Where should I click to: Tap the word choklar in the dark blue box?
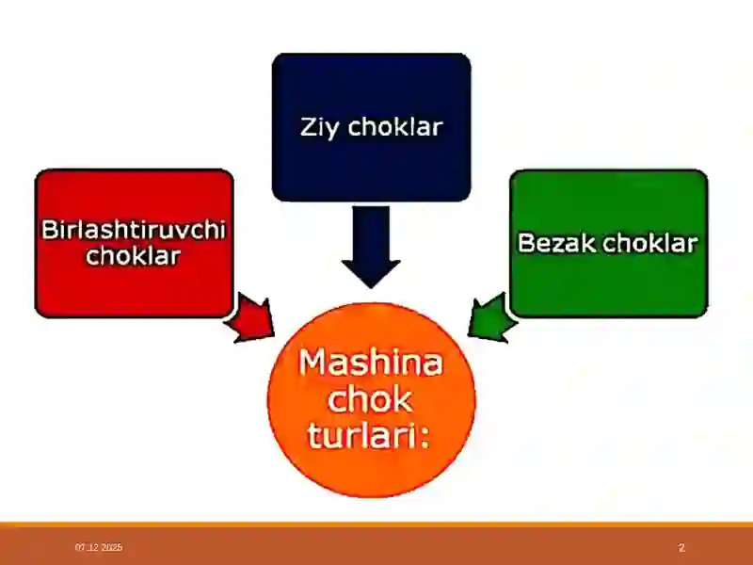click(394, 127)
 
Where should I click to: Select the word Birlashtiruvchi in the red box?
click(134, 231)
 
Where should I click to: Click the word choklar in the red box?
click(133, 255)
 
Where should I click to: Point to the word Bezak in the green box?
click(558, 243)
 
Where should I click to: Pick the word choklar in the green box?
click(649, 243)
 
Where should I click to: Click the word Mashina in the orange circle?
click(371, 363)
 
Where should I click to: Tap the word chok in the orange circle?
click(372, 399)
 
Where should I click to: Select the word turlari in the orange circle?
click(362, 436)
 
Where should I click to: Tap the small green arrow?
click(491, 316)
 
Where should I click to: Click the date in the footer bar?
click(99, 547)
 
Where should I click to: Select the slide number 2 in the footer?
click(681, 547)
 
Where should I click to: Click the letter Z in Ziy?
click(309, 127)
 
